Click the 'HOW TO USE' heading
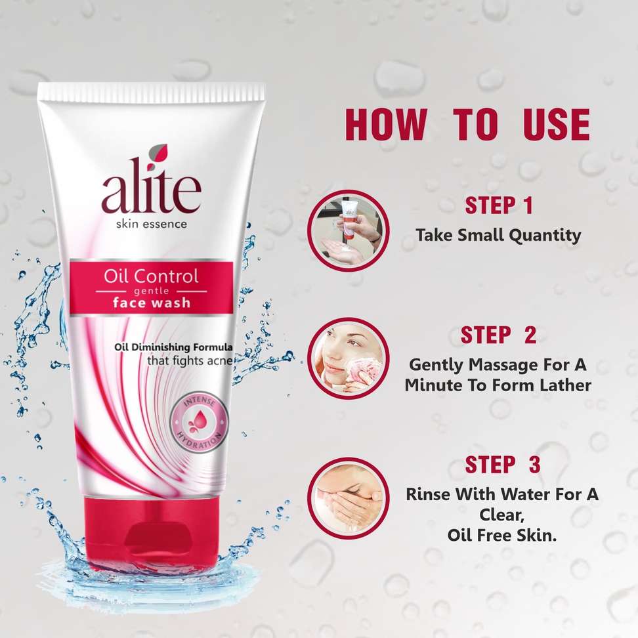click(x=467, y=125)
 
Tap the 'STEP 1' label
click(x=499, y=205)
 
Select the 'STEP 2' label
click(x=498, y=335)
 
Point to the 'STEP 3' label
click(x=503, y=465)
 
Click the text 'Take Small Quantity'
click(x=498, y=236)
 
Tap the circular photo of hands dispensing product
click(x=348, y=230)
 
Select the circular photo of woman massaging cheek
click(x=348, y=358)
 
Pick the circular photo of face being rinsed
click(x=348, y=498)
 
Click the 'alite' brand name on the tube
click(x=152, y=191)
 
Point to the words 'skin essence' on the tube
click(x=152, y=224)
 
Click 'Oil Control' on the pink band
click(x=151, y=276)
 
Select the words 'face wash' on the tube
click(x=152, y=303)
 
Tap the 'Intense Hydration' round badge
click(x=200, y=423)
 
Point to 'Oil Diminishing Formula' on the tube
click(x=173, y=347)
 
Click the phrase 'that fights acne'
click(x=190, y=360)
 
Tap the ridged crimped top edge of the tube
click(x=152, y=92)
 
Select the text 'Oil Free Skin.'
click(x=502, y=535)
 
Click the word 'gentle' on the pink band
click(x=152, y=291)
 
